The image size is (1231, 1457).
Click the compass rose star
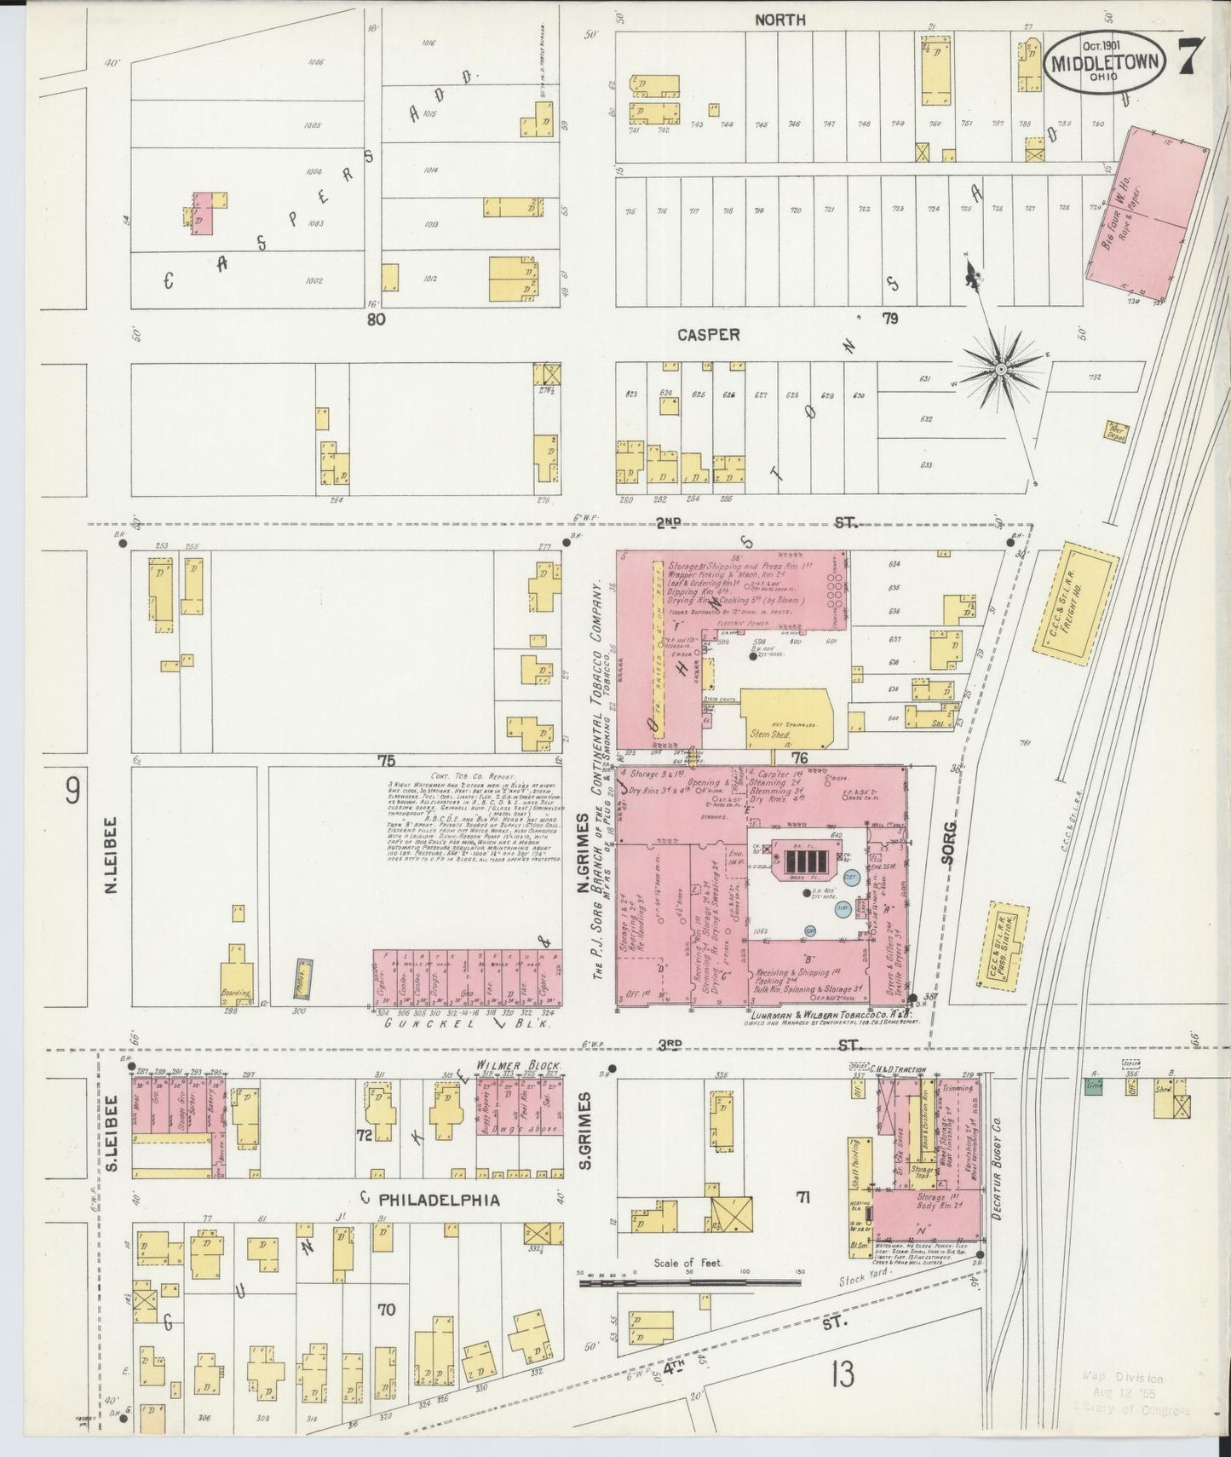coord(1001,368)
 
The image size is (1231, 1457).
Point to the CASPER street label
coord(708,336)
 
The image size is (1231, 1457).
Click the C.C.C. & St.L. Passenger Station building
coord(1006,946)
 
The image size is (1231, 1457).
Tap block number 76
coord(798,757)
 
